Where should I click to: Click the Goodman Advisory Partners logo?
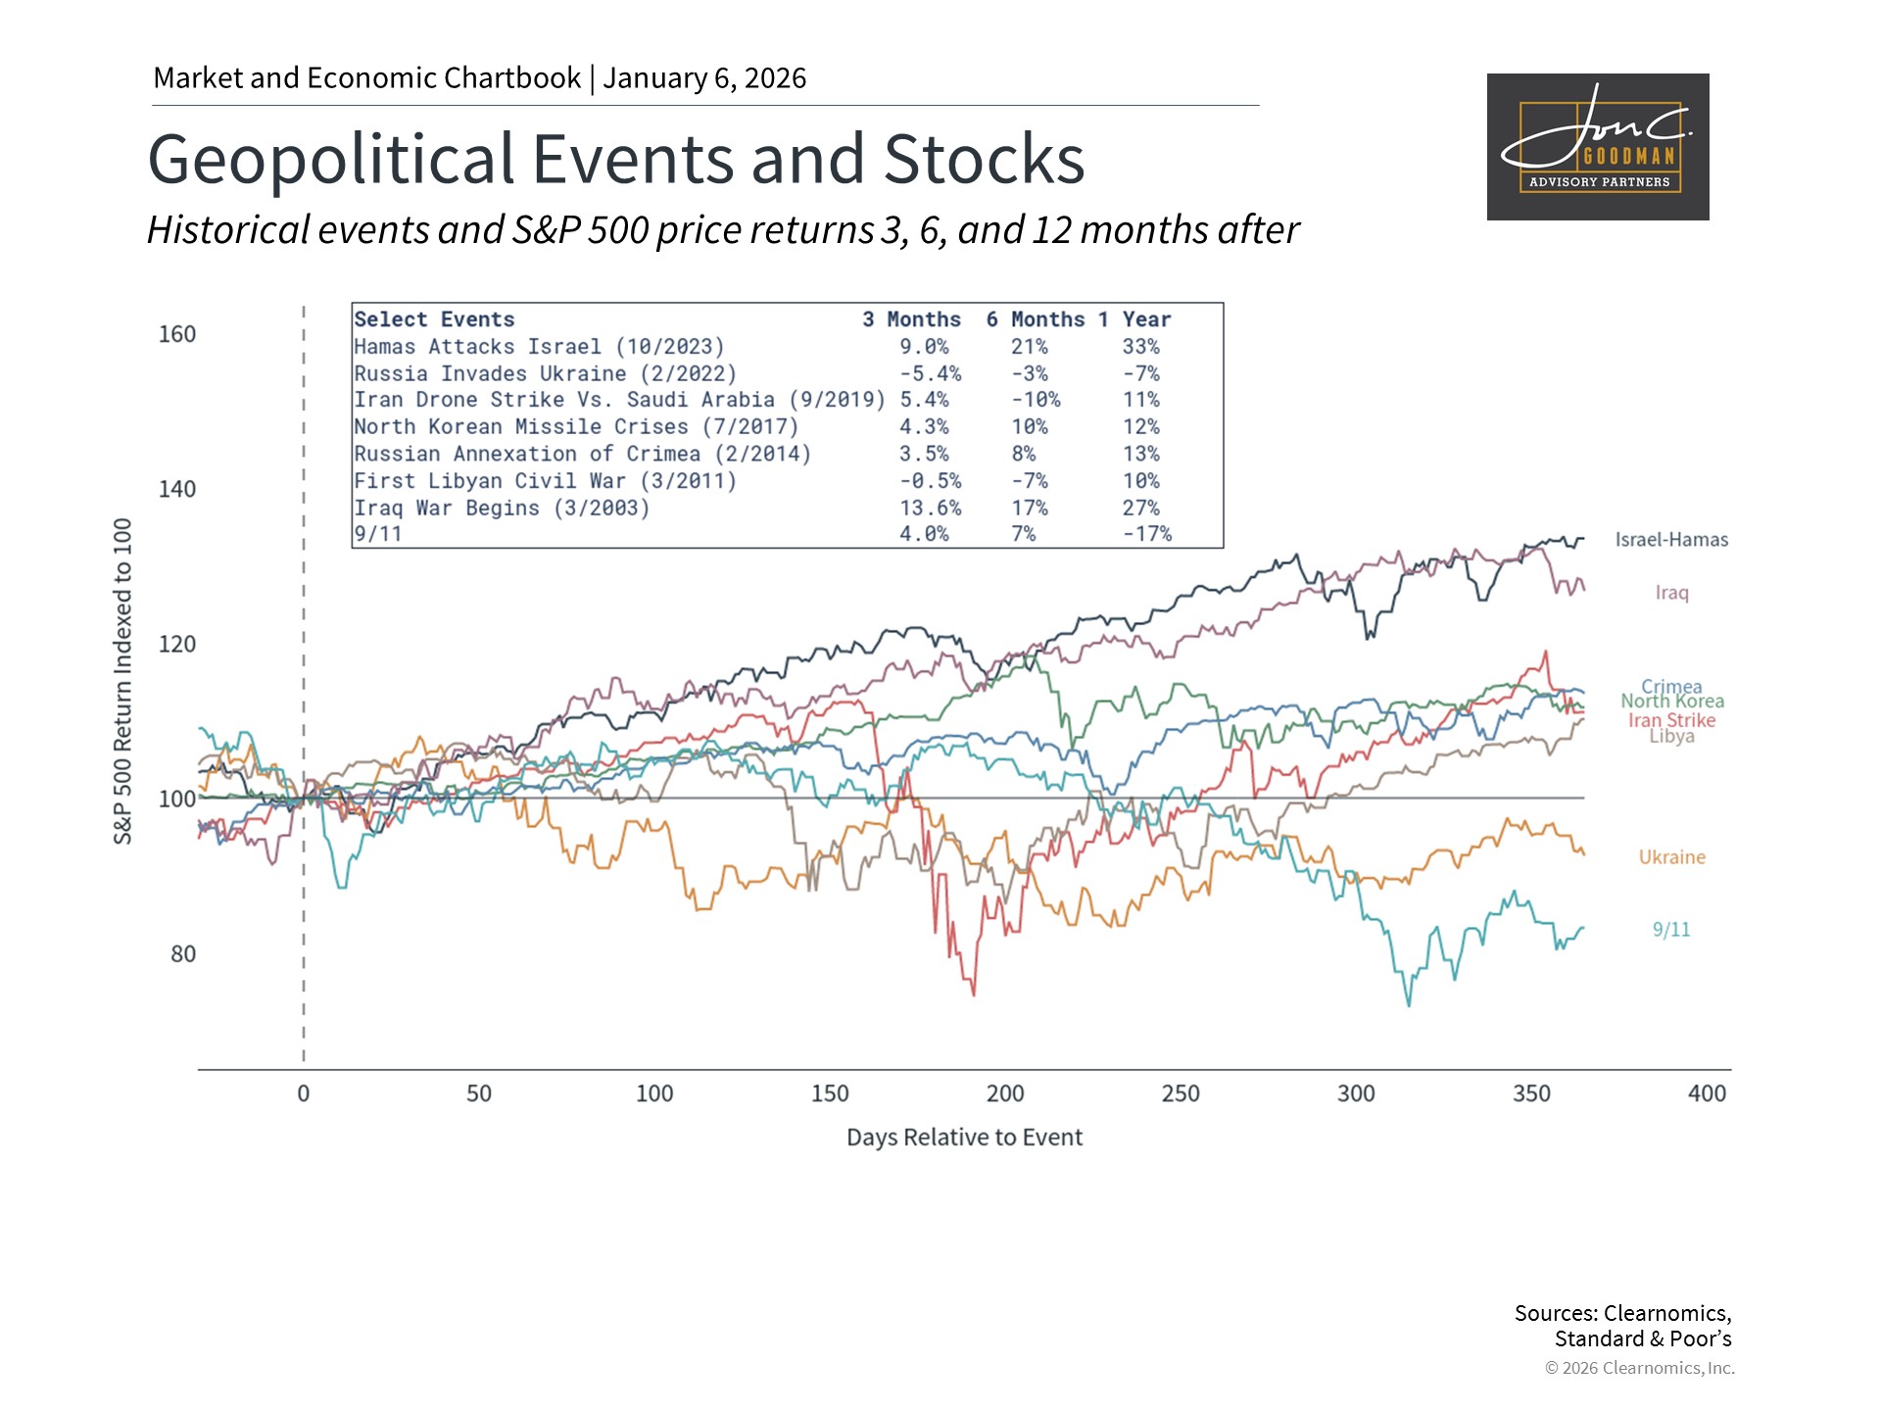1597,147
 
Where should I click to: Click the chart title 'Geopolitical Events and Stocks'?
615,159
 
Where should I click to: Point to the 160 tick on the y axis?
177,334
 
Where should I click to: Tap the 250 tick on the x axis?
1181,1094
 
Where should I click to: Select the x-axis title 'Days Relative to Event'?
964,1138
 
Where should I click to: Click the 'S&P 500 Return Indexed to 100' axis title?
122,681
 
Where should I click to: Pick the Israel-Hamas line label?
1671,540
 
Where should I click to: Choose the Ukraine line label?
1671,857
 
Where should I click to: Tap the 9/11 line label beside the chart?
1670,930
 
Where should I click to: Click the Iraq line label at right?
1671,593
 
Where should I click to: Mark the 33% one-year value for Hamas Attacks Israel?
1140,347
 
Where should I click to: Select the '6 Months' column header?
1035,319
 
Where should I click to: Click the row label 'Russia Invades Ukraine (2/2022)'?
545,374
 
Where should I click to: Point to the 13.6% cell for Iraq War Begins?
930,509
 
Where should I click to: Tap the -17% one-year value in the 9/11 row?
1146,534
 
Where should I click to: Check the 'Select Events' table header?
434,319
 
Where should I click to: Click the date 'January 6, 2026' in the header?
704,78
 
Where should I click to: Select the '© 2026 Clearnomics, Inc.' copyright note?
1639,1368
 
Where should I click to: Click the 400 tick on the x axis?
1707,1094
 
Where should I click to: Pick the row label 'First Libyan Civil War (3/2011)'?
545,481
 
